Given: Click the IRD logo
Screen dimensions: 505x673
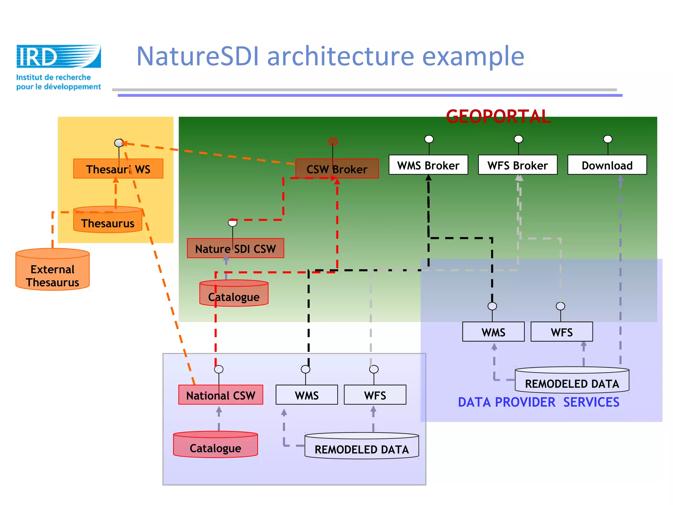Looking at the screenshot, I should pos(58,57).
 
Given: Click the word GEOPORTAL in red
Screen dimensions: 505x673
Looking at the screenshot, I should pos(498,116).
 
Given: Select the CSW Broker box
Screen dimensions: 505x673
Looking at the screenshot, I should pos(337,169).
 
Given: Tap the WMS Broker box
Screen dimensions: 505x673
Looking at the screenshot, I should pos(428,165).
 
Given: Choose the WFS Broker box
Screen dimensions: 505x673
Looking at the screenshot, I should pos(518,165).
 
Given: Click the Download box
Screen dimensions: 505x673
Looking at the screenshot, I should pos(607,165).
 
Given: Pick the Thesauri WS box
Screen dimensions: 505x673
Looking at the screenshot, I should pos(118,169).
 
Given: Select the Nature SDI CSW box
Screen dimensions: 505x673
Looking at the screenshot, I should pos(235,249).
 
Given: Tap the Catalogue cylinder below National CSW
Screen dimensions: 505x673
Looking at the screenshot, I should pos(215,445).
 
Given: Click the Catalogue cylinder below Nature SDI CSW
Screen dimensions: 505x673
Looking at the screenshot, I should pos(234,294).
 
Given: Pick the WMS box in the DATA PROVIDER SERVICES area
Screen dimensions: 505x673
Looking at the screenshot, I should pos(493,332).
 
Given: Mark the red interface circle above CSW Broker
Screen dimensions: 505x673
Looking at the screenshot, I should pos(333,142).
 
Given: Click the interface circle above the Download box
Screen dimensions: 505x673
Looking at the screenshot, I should pos(608,139).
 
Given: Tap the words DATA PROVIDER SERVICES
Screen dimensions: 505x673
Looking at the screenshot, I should pos(539,402).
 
